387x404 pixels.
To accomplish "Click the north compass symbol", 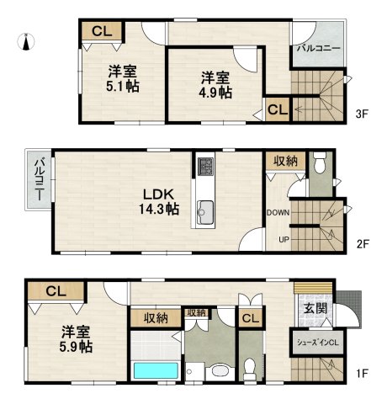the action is tap(26, 42).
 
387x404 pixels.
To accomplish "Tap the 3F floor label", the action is tap(362, 114).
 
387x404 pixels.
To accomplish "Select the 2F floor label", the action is tap(363, 244).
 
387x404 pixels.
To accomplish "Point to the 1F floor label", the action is tap(362, 374).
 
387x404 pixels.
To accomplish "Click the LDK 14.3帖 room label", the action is tap(159, 201).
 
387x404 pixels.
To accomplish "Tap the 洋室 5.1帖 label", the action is tap(123, 79).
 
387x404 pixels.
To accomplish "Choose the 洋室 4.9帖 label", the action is tap(215, 85).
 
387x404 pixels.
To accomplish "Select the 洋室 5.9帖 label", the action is tap(76, 339).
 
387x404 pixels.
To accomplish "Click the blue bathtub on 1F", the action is tap(156, 370).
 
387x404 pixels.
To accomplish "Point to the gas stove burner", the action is tap(205, 167).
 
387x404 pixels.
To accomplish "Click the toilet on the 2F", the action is tap(319, 162).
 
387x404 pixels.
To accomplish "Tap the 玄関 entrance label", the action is tap(315, 309).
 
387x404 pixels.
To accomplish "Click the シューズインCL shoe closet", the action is tap(318, 343).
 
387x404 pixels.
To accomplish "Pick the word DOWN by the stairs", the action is tap(278, 213).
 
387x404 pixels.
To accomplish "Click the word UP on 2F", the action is tap(284, 240).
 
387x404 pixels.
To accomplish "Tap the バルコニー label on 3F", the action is tap(319, 49).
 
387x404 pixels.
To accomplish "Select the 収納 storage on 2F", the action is tap(285, 162).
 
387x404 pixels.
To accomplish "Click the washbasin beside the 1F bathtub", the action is tap(220, 371).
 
